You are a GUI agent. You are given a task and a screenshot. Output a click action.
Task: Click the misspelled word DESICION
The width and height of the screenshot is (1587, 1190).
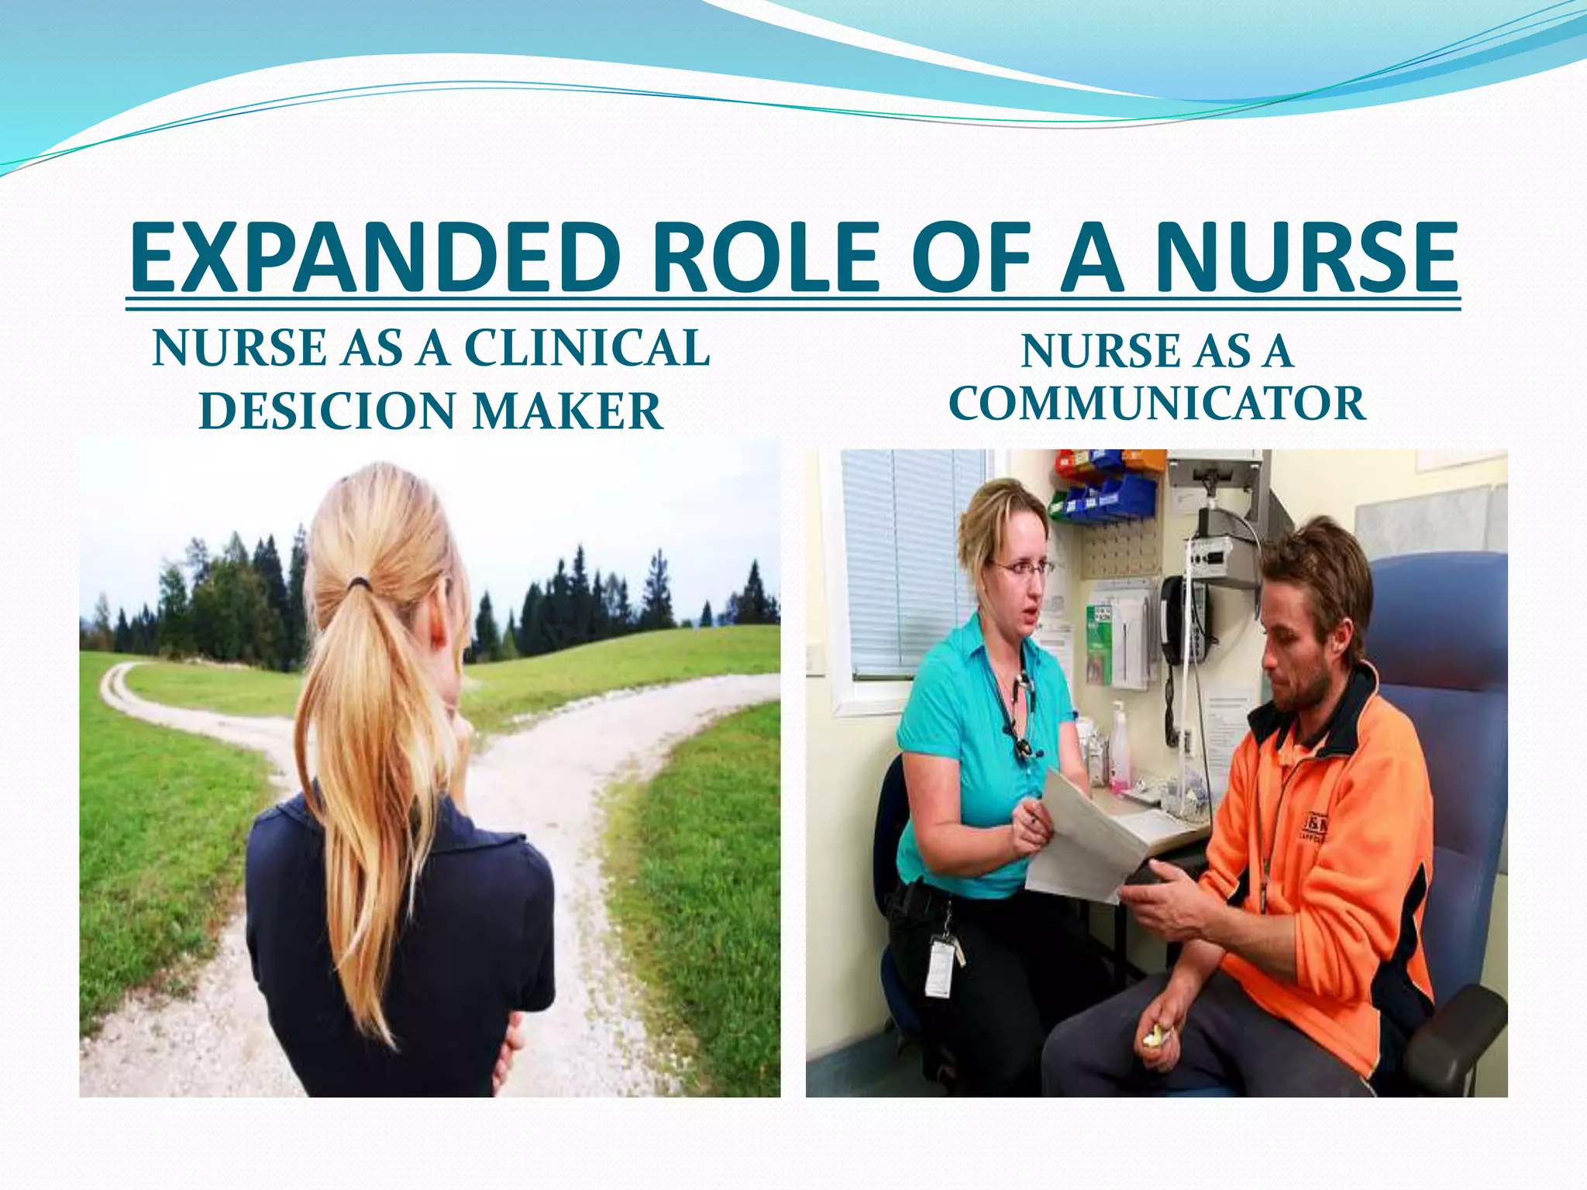point(328,411)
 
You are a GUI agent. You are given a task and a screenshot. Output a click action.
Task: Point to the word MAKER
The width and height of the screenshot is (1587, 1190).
point(568,411)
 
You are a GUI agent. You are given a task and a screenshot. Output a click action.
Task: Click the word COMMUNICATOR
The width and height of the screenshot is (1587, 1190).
point(1156,404)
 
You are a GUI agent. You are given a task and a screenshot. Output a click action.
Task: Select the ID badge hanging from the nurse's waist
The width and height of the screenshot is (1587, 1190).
point(940,966)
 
